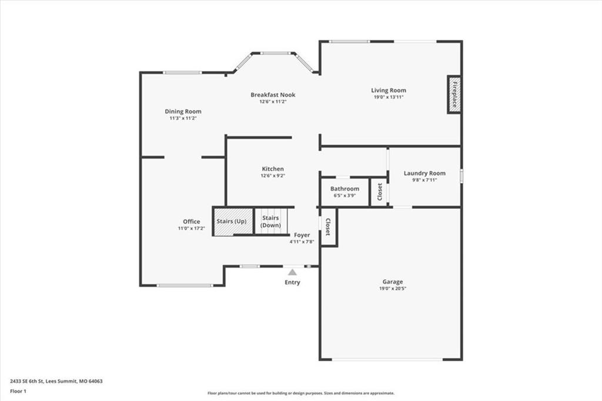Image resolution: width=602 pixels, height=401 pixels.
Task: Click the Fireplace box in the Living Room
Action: [454, 95]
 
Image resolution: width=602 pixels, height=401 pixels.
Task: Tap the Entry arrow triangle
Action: [293, 272]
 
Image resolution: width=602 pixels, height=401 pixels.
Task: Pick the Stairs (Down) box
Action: [271, 221]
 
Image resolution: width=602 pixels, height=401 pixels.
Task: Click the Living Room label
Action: [389, 91]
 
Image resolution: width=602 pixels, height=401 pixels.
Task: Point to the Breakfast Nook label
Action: [273, 95]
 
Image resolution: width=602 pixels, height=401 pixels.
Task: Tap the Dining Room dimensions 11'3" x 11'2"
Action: [183, 118]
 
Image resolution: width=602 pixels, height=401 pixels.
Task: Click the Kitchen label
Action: [273, 169]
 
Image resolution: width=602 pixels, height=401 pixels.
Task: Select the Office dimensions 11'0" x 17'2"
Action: [191, 229]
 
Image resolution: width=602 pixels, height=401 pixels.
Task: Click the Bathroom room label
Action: [345, 189]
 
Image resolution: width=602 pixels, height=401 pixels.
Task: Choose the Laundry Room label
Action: [424, 173]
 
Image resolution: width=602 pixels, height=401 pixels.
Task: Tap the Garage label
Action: [392, 282]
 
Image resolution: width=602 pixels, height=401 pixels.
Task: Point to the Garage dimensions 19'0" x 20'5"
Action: [392, 289]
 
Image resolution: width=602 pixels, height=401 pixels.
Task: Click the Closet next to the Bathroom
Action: [380, 192]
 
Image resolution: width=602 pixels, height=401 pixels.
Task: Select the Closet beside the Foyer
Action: [329, 227]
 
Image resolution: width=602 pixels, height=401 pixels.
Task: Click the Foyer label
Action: [302, 235]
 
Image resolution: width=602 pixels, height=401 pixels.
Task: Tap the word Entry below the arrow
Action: [292, 282]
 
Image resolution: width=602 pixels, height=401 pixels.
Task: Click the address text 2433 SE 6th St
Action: [27, 382]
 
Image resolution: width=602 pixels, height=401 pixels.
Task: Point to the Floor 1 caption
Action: [18, 392]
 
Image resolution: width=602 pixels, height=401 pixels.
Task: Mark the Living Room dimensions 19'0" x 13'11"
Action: [389, 97]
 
